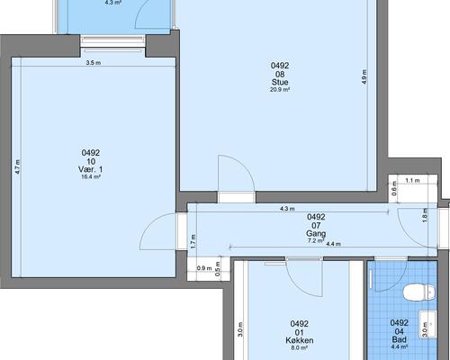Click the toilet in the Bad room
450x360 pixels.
[x=419, y=292]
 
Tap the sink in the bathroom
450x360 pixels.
[x=427, y=324]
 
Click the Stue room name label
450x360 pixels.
[x=280, y=82]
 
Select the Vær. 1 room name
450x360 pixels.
[x=90, y=169]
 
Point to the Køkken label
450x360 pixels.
[x=300, y=340]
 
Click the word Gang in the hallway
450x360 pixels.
[x=316, y=233]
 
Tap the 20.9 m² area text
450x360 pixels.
[x=280, y=89]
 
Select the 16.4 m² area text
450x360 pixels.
[x=91, y=176]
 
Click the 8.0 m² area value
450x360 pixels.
[x=300, y=348]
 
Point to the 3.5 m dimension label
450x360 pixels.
[x=94, y=63]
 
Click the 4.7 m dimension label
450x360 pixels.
[x=18, y=166]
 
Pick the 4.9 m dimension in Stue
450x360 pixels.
[x=364, y=76]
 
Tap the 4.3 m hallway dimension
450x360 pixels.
[x=287, y=209]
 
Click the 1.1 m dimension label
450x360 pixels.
[x=412, y=181]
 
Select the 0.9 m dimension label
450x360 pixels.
[x=204, y=268]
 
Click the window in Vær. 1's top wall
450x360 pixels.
[x=112, y=43]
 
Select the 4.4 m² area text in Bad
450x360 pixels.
[x=400, y=347]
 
